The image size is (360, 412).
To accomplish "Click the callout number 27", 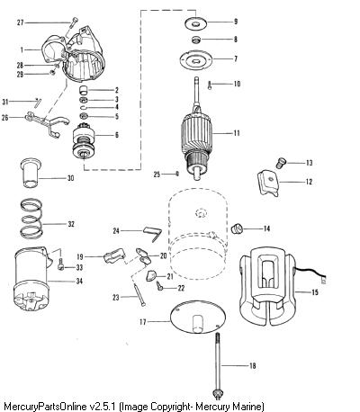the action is click(20, 22).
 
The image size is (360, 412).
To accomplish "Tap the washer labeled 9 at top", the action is click(195, 23).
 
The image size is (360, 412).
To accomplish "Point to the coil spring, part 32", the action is click(31, 219).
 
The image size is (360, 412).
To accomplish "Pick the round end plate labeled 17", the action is click(197, 318).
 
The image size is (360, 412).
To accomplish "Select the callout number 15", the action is click(315, 292).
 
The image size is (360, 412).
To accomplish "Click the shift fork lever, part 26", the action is click(48, 122).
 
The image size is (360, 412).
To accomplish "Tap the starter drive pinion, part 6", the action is click(85, 140).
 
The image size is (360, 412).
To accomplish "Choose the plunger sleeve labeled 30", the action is click(31, 173).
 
